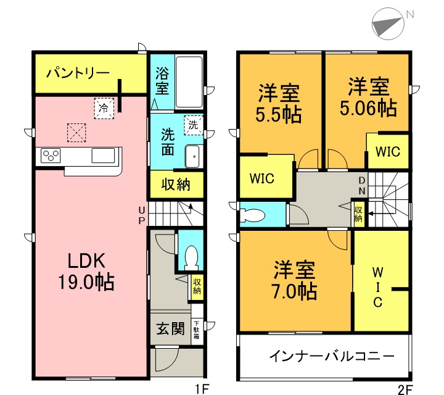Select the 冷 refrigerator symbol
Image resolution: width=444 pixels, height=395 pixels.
tap(104, 108)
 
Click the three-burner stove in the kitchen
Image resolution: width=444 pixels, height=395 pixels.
tap(50, 156)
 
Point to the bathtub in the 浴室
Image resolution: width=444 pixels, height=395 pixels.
tap(189, 82)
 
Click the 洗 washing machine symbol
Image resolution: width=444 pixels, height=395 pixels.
tap(194, 124)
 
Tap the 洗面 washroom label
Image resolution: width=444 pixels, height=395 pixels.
tap(168, 142)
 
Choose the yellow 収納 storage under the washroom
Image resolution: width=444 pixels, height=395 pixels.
tap(176, 184)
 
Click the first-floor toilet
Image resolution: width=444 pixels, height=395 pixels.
tap(191, 256)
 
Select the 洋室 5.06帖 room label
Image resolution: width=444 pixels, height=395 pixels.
tap(368, 97)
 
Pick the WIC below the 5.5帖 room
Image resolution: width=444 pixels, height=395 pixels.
tap(262, 178)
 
